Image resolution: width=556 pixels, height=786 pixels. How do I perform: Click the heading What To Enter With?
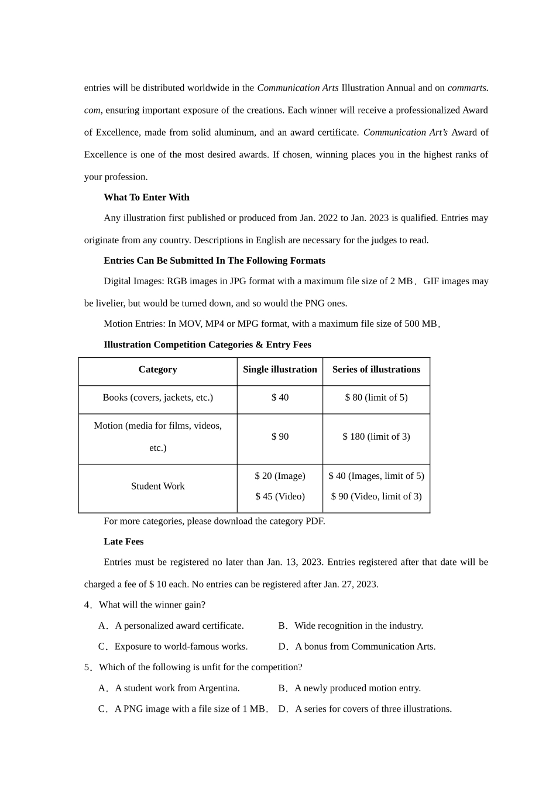tap(146, 197)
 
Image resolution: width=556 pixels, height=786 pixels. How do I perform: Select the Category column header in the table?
tap(157, 370)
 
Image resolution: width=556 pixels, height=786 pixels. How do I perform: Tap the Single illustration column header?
tap(280, 370)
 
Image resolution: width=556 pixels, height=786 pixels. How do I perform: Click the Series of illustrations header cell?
tap(376, 370)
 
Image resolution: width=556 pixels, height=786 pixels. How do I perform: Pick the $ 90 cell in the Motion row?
tap(280, 437)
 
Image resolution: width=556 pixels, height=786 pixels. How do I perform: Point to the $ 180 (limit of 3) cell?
tap(376, 437)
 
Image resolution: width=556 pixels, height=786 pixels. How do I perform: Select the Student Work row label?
tap(157, 486)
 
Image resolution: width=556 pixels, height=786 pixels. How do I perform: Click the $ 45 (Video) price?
tap(280, 497)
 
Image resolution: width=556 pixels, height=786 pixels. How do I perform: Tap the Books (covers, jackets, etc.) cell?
tap(157, 398)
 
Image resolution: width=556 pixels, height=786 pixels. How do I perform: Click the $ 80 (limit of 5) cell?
tap(376, 398)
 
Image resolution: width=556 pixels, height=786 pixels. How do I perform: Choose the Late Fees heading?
tap(123, 542)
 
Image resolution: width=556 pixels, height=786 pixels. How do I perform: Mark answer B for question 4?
tap(358, 626)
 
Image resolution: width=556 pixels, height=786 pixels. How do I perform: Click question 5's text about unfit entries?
tap(200, 667)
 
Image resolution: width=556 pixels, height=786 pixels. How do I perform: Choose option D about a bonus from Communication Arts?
tap(365, 647)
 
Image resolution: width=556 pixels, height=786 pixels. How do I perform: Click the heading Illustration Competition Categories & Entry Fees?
tap(207, 345)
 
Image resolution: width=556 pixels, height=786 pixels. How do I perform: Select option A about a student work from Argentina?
tap(177, 688)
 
